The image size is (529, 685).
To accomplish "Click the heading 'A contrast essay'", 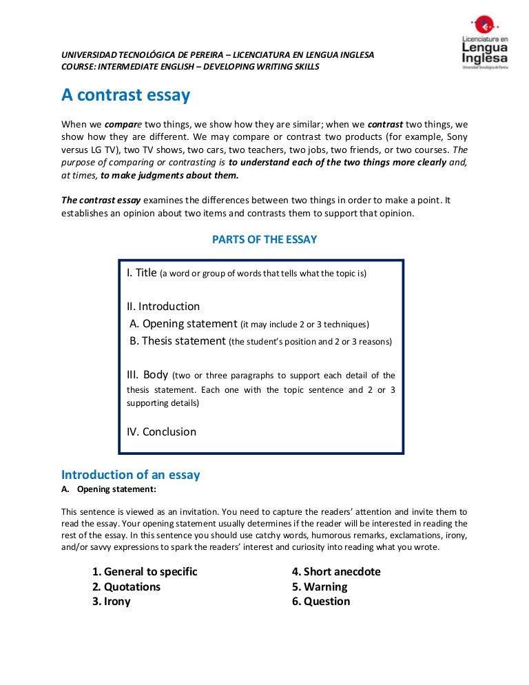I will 125,95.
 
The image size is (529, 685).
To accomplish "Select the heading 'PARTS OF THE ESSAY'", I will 264,240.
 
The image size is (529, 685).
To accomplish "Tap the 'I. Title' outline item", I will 143,273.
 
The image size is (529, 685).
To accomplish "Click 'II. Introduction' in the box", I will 163,307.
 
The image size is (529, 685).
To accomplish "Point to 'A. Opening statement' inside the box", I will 183,324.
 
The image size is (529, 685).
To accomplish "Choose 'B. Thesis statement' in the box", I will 178,341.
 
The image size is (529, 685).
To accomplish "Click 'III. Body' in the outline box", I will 147,376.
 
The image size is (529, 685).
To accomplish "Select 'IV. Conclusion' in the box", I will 161,432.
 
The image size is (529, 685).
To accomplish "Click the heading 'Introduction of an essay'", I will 130,475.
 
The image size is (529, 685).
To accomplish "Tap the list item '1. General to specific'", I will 145,572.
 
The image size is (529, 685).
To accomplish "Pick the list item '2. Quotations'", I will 126,587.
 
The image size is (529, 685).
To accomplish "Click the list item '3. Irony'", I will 111,602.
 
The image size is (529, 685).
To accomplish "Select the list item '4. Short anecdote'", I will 336,572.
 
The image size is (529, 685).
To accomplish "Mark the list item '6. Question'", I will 321,602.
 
